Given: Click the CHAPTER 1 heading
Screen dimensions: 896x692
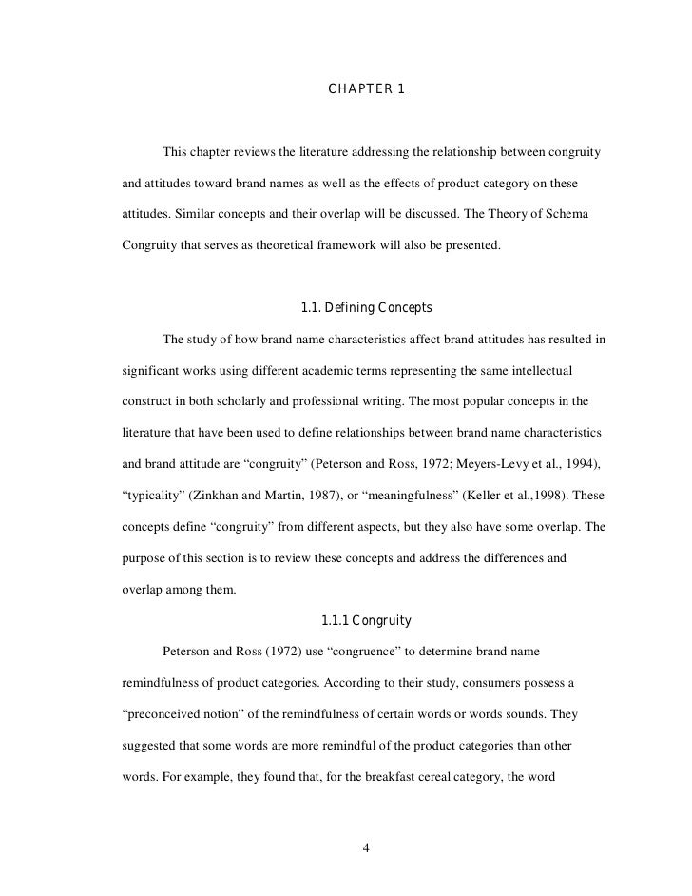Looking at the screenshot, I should [x=366, y=89].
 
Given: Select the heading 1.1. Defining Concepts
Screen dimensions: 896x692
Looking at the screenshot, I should [x=366, y=308].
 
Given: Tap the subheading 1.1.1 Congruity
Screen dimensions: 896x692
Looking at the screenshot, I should [x=366, y=621].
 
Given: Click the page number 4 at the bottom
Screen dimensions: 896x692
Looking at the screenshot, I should [x=366, y=848].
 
